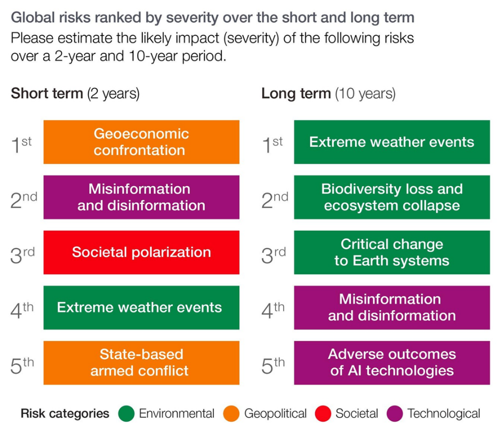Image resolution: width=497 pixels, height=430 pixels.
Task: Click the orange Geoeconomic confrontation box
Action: pyautogui.click(x=141, y=142)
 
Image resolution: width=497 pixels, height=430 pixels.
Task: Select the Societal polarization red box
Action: pyautogui.click(x=141, y=252)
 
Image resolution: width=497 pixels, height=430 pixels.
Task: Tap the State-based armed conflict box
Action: pyautogui.click(x=141, y=362)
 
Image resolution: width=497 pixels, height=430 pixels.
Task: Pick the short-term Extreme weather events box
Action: pyautogui.click(x=141, y=307)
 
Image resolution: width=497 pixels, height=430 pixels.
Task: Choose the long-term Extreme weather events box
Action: pyautogui.click(x=392, y=142)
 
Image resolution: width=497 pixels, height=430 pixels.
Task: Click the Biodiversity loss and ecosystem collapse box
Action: pyautogui.click(x=392, y=197)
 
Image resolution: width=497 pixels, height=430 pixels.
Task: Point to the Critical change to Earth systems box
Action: pyautogui.click(x=392, y=252)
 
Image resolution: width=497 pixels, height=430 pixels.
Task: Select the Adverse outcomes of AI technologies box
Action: pyautogui.click(x=392, y=362)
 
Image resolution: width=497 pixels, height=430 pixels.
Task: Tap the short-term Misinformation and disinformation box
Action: pyautogui.click(x=141, y=197)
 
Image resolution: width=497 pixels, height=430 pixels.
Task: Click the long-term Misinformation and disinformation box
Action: pyautogui.click(x=392, y=307)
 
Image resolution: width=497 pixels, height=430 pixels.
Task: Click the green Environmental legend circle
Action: pyautogui.click(x=127, y=414)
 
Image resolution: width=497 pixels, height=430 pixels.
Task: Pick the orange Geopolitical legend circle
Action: pyautogui.click(x=232, y=414)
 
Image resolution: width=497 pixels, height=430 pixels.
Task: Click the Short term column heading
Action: pyautogui.click(x=75, y=94)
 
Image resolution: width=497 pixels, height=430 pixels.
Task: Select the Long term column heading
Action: pyautogui.click(x=329, y=94)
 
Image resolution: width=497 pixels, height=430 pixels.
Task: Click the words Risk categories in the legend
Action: pyautogui.click(x=65, y=414)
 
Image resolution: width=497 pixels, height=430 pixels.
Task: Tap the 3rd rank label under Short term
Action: pyautogui.click(x=22, y=255)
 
